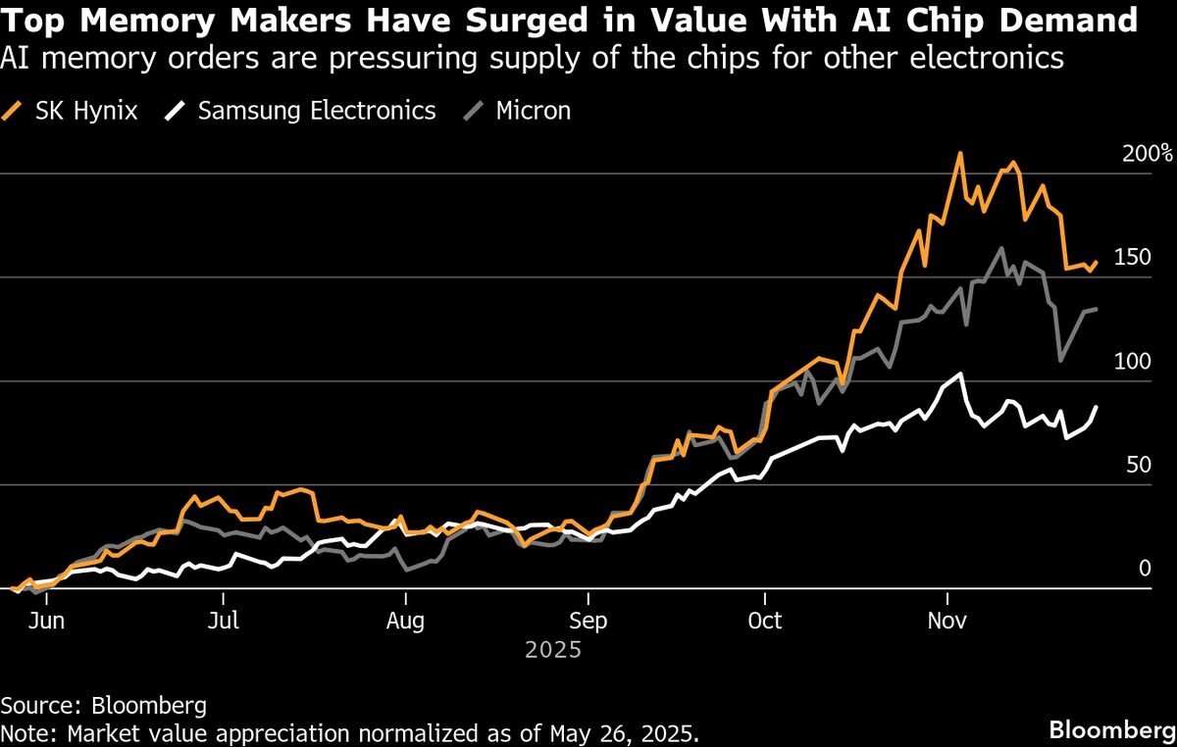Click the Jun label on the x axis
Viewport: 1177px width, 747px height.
click(x=47, y=621)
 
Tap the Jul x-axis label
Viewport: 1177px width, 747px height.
click(x=225, y=621)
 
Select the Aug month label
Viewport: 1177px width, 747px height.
click(x=405, y=621)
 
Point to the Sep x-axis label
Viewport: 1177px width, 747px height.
click(x=588, y=621)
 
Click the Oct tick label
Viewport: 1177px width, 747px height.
click(x=764, y=621)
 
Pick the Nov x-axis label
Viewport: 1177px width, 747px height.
click(x=947, y=621)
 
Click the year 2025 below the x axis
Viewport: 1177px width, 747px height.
click(x=554, y=650)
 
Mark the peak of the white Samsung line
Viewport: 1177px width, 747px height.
click(x=961, y=373)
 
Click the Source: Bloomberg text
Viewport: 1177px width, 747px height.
click(x=103, y=705)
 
